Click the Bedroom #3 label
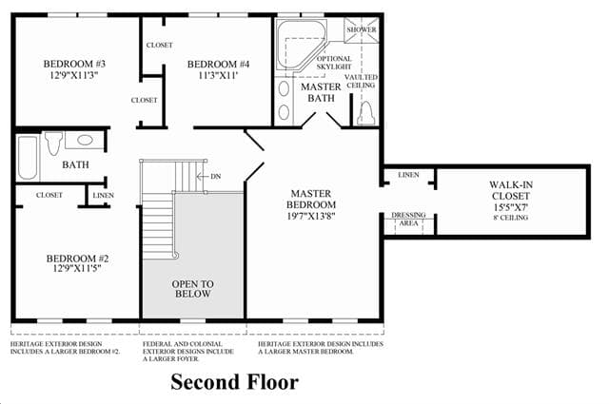coord(74,64)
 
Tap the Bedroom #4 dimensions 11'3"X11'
coord(218,75)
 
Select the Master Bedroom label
coord(311,199)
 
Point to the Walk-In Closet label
coord(511,190)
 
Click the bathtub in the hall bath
coord(28,157)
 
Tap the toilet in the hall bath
coord(53,144)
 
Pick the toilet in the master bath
coord(365,113)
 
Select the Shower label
coord(362,29)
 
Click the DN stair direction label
coord(216,176)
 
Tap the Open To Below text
coord(192,289)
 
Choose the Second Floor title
coord(235,382)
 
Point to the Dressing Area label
coord(408,219)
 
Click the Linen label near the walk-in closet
coord(408,175)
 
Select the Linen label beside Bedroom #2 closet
coord(104,195)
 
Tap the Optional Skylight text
coord(334,63)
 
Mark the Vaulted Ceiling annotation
coord(361,81)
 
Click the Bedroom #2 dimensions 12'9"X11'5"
coord(77,268)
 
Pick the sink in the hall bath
coord(85,140)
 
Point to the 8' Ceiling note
coord(511,218)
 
